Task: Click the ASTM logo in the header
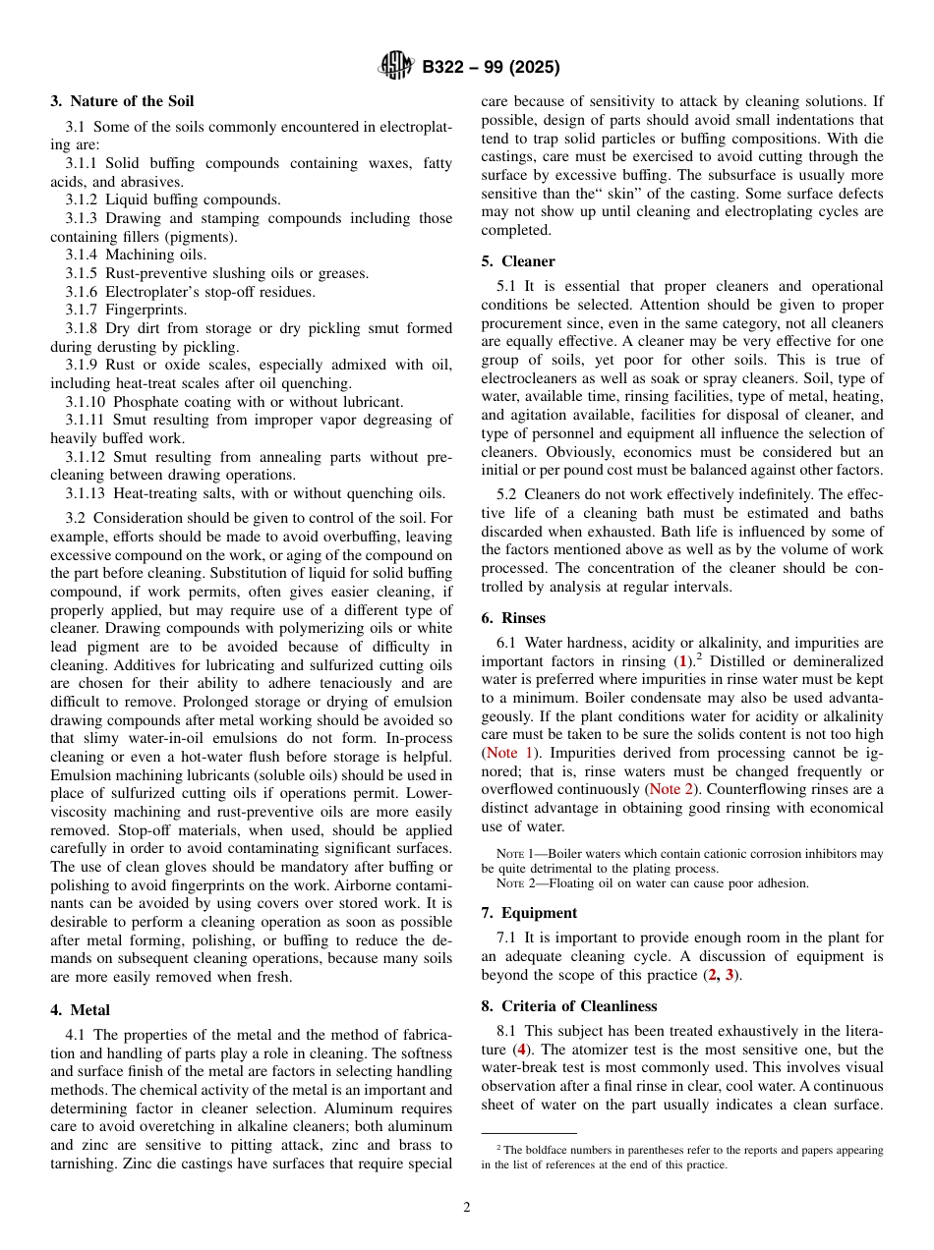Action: click(x=396, y=67)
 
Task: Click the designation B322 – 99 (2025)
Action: click(x=491, y=68)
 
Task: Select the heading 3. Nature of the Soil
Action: click(x=122, y=101)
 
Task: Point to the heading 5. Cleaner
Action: click(x=517, y=261)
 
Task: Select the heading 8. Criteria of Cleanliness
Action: click(x=568, y=1006)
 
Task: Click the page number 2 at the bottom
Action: click(x=467, y=1208)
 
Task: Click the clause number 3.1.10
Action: click(x=86, y=401)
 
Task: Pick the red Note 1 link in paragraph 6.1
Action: click(x=508, y=753)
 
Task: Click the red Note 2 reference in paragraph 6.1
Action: click(x=671, y=789)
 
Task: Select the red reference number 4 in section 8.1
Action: click(x=520, y=1050)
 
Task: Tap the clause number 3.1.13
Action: click(x=86, y=493)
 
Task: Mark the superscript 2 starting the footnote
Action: click(x=498, y=1147)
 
